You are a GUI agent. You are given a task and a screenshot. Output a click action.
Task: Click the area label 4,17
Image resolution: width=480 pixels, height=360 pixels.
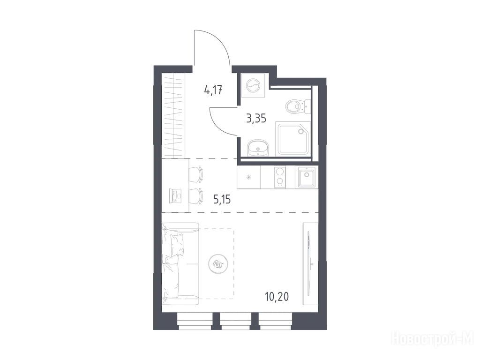point(213,90)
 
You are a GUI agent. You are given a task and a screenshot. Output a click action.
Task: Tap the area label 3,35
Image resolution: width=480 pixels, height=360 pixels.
point(256,118)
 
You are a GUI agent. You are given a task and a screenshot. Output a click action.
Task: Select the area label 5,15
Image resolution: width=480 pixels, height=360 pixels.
point(222,200)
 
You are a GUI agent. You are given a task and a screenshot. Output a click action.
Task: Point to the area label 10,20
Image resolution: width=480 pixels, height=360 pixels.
point(277,296)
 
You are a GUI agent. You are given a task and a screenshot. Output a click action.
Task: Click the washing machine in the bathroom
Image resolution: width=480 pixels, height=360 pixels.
point(253,85)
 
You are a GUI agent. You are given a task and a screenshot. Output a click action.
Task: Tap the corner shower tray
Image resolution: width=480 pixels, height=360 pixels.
point(293,138)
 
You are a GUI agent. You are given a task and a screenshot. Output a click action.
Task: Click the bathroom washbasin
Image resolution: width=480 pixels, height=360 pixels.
point(258,148)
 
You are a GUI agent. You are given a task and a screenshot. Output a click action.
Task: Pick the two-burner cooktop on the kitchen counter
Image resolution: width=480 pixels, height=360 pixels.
point(279,177)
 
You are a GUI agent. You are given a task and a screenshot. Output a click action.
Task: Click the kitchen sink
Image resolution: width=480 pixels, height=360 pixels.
point(307,177)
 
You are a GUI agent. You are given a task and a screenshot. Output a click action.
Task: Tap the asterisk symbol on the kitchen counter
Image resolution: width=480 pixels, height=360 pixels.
point(248,177)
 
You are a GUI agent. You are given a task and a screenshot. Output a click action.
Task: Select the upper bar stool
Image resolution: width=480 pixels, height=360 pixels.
point(196,174)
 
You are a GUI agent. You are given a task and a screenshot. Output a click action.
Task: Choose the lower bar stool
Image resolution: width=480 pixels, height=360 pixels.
point(196,196)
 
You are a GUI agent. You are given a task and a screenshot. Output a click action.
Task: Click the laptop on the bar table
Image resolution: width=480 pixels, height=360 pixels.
point(176,195)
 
